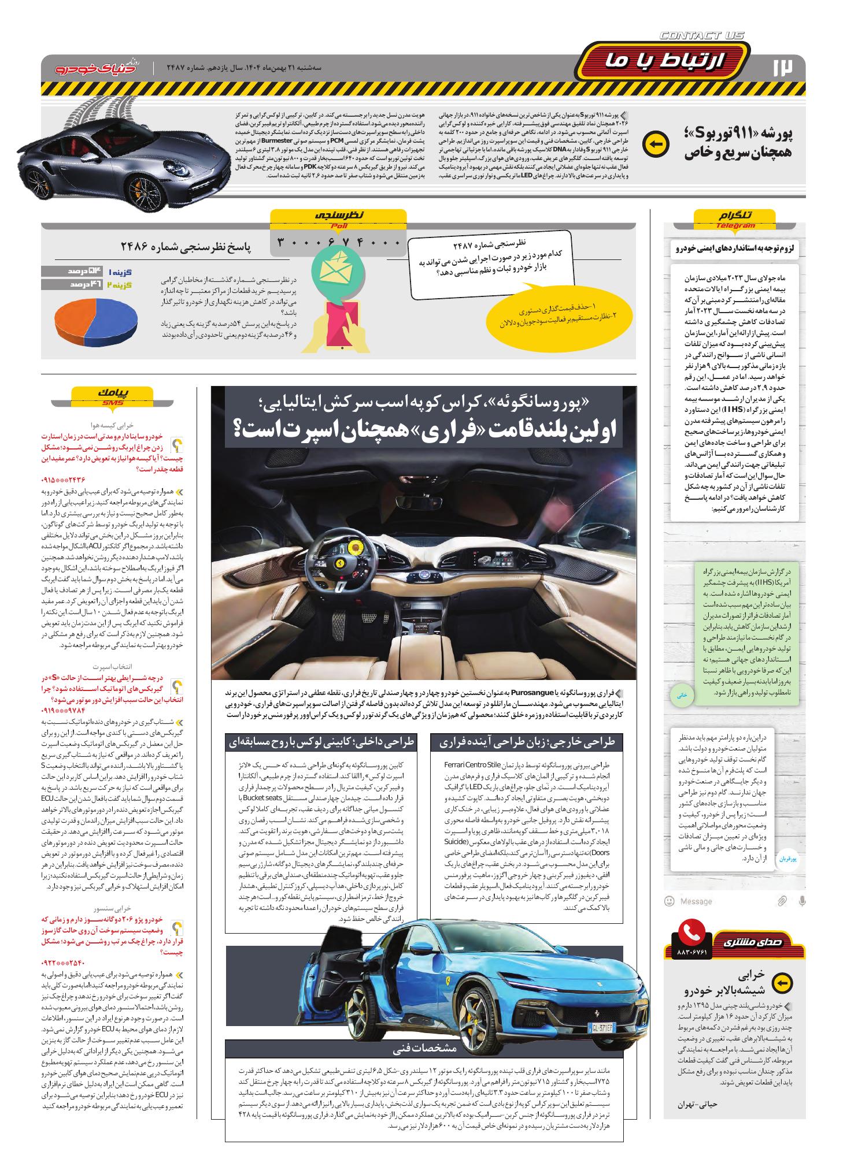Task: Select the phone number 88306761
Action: pyautogui.click(x=691, y=951)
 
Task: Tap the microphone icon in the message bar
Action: pyautogui.click(x=801, y=901)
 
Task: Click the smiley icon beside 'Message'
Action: pyautogui.click(x=669, y=901)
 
